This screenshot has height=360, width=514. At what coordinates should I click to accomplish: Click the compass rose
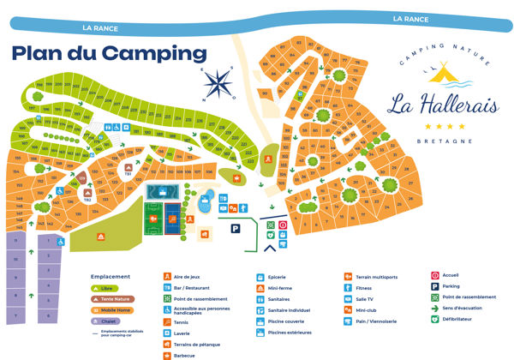click(x=219, y=83)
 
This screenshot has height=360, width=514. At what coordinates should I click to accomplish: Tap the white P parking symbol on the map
click(x=235, y=228)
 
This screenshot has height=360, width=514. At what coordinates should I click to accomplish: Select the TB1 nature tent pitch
click(x=128, y=170)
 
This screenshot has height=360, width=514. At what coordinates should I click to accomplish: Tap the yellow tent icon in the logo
click(x=442, y=75)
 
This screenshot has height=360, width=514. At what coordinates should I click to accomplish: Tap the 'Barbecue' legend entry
click(x=183, y=355)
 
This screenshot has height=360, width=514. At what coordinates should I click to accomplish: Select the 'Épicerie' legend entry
click(x=277, y=278)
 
